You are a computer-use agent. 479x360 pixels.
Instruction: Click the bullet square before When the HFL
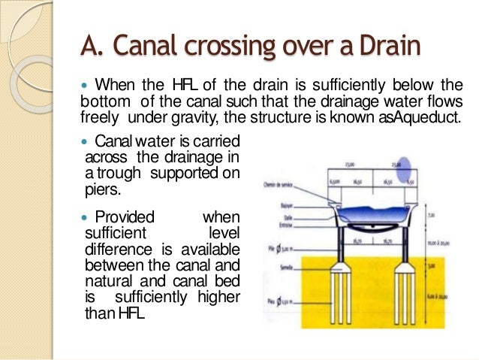(x=85, y=83)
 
